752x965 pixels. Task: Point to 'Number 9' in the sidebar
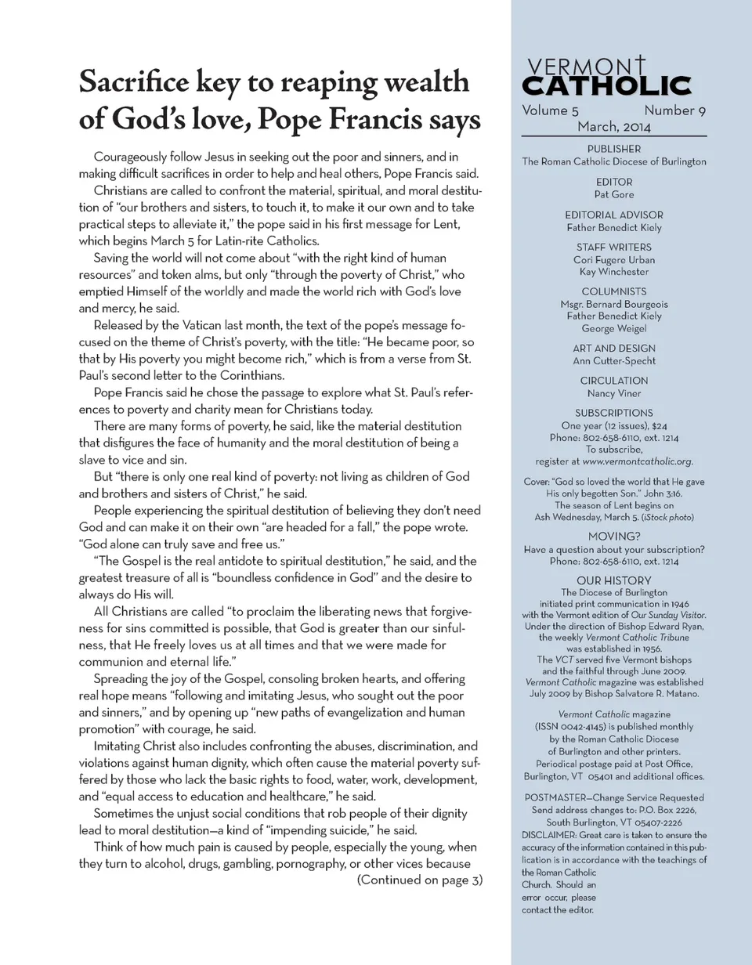point(674,110)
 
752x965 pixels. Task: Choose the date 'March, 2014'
point(614,126)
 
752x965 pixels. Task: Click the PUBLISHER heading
point(614,149)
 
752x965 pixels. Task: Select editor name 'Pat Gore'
point(614,194)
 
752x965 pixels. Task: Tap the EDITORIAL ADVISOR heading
point(614,215)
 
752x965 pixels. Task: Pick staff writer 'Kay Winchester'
point(614,272)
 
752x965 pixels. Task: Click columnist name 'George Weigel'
point(614,328)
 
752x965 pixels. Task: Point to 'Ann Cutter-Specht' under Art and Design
point(614,360)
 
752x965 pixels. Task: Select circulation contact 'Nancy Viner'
point(614,393)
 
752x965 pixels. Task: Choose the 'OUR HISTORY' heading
point(614,580)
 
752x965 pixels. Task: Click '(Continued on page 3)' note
point(419,880)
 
